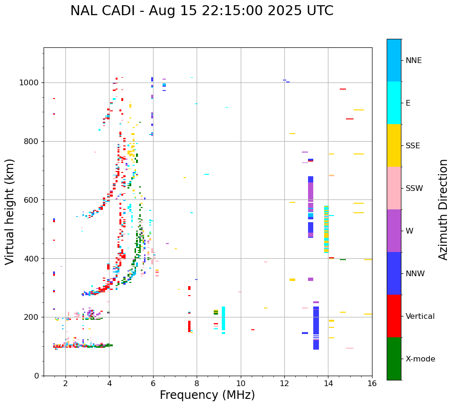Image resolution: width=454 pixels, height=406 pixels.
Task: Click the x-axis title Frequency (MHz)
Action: tap(207, 395)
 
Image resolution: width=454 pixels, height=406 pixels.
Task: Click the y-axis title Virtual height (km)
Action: tap(10, 212)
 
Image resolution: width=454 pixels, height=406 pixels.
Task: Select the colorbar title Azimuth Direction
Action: tap(443, 209)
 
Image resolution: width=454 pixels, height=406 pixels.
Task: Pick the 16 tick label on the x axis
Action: tap(372, 383)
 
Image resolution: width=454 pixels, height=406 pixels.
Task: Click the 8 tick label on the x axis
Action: tap(197, 383)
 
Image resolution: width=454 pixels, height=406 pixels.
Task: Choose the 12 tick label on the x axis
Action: tap(284, 383)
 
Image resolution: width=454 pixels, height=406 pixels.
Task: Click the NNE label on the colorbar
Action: tap(413, 61)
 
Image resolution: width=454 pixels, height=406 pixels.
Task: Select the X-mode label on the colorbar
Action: tap(420, 359)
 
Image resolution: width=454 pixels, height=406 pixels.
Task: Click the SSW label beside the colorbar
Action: tap(414, 189)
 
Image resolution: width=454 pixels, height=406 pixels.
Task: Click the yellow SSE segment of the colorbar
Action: tap(394, 145)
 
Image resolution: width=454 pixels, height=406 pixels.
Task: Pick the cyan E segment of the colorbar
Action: tap(394, 103)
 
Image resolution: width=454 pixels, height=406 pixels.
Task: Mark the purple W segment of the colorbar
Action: tap(394, 231)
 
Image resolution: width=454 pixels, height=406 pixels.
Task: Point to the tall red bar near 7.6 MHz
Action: tap(189, 326)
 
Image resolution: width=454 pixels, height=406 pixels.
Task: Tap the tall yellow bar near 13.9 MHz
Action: tap(326, 229)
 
